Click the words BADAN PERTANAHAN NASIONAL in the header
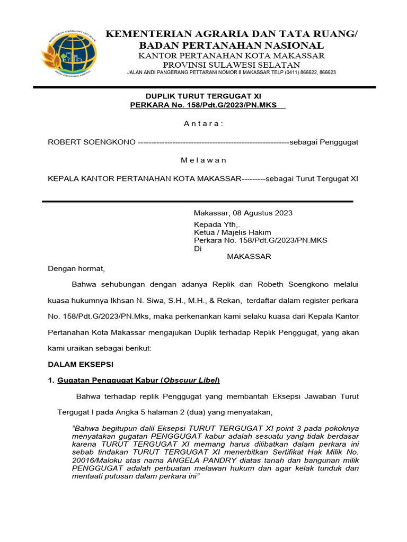click(x=232, y=45)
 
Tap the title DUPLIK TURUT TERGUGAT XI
click(x=203, y=96)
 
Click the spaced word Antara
click(x=203, y=123)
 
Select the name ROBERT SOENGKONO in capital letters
click(x=92, y=142)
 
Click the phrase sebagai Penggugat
click(x=324, y=142)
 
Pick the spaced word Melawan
click(x=203, y=160)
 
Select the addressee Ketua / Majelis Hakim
click(x=233, y=232)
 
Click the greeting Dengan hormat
click(x=77, y=268)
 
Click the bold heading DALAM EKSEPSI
click(x=81, y=364)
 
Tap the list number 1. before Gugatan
click(x=51, y=381)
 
